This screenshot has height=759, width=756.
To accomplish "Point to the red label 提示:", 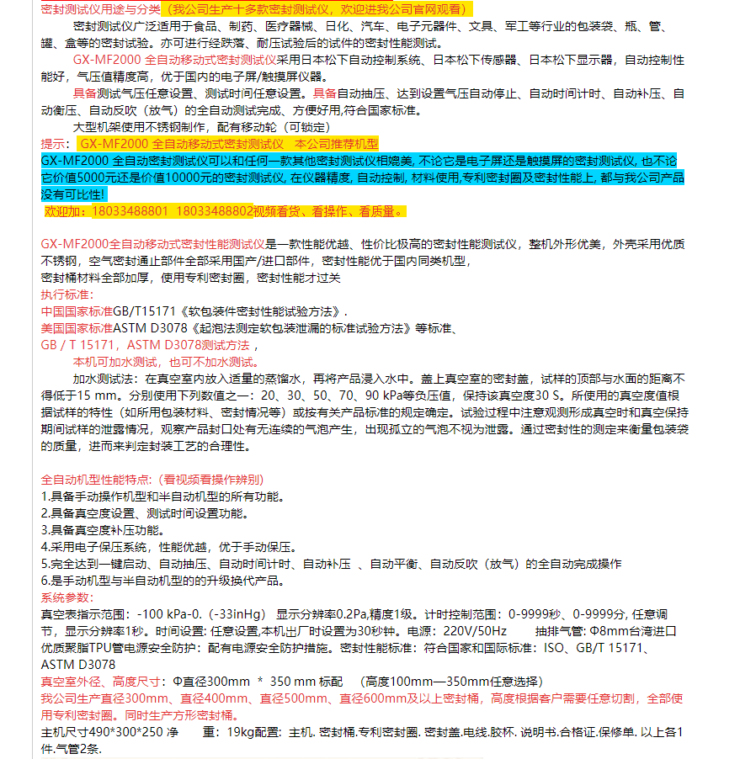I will (56, 144).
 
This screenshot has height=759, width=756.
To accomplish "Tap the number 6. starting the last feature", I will (45, 581).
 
